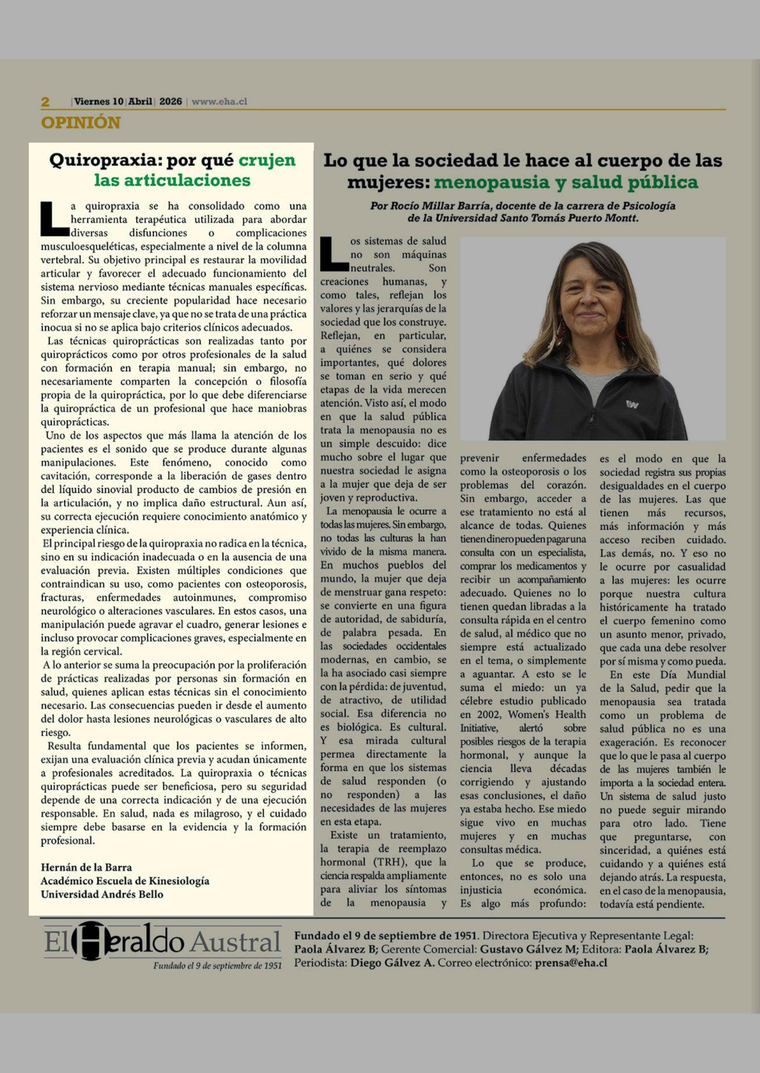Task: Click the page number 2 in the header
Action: tap(45, 101)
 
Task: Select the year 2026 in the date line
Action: tap(170, 101)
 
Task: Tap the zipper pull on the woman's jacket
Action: tap(593, 416)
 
